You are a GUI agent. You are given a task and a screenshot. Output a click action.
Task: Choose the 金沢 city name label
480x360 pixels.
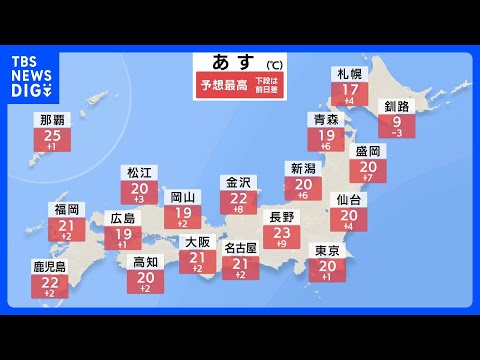[237, 182]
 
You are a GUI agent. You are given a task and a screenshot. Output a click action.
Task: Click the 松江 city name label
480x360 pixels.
[140, 173]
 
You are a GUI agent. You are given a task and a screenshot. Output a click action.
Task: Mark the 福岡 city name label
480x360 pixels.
[68, 210]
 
